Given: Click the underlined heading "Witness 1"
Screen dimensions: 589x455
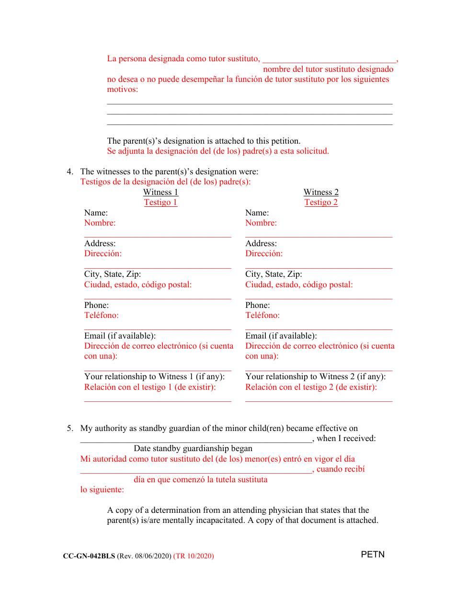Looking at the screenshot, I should [x=160, y=192].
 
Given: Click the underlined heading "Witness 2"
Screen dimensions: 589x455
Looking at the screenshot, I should [x=321, y=192].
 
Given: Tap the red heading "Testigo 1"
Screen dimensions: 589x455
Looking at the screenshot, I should [x=160, y=202].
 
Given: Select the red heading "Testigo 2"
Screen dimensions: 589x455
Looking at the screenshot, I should [x=321, y=202].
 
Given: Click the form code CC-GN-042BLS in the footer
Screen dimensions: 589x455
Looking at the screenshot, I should [x=89, y=556].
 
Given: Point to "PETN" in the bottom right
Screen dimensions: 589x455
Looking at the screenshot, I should [x=373, y=555].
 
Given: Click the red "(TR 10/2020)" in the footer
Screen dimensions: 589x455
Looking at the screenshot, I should [x=193, y=556].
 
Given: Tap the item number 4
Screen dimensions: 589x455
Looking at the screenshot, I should [x=69, y=171].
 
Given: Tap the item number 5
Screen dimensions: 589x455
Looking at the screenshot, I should [x=69, y=428].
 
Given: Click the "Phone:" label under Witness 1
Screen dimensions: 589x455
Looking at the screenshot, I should [x=96, y=305].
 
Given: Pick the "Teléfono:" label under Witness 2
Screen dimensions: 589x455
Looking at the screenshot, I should [x=262, y=315].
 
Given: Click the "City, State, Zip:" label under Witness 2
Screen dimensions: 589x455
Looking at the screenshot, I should [x=273, y=274].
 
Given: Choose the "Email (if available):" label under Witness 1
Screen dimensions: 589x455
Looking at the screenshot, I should [x=120, y=336].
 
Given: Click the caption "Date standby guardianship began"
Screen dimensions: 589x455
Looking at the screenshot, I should [x=193, y=448].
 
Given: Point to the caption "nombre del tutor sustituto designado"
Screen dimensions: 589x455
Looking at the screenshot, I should [x=328, y=69].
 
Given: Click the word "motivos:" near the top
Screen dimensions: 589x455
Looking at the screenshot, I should [x=122, y=89].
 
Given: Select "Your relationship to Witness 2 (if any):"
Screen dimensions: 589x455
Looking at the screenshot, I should [x=315, y=376].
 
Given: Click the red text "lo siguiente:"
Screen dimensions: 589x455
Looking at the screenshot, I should [x=102, y=489].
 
